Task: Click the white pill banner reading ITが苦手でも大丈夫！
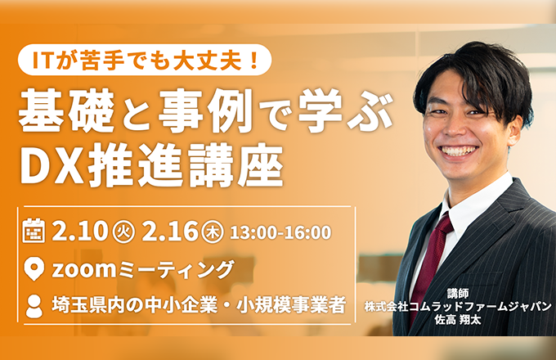pyautogui.click(x=145, y=60)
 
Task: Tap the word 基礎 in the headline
pyautogui.click(x=66, y=110)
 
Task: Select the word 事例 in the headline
pyautogui.click(x=205, y=110)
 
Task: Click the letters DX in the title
pyautogui.click(x=52, y=167)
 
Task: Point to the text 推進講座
pyautogui.click(x=186, y=166)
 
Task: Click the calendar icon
pyautogui.click(x=34, y=231)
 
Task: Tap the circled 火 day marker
pyautogui.click(x=123, y=232)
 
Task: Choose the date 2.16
pyautogui.click(x=169, y=232)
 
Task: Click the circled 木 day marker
pyautogui.click(x=213, y=232)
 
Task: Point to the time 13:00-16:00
pyautogui.click(x=280, y=232)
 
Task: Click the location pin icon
pyautogui.click(x=34, y=269)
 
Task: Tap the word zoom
pyautogui.click(x=84, y=269)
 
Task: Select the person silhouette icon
pyautogui.click(x=34, y=306)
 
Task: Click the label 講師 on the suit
pyautogui.click(x=458, y=294)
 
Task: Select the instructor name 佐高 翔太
pyautogui.click(x=458, y=320)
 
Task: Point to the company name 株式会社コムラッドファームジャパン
pyautogui.click(x=458, y=307)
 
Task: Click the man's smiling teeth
pyautogui.click(x=459, y=151)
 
